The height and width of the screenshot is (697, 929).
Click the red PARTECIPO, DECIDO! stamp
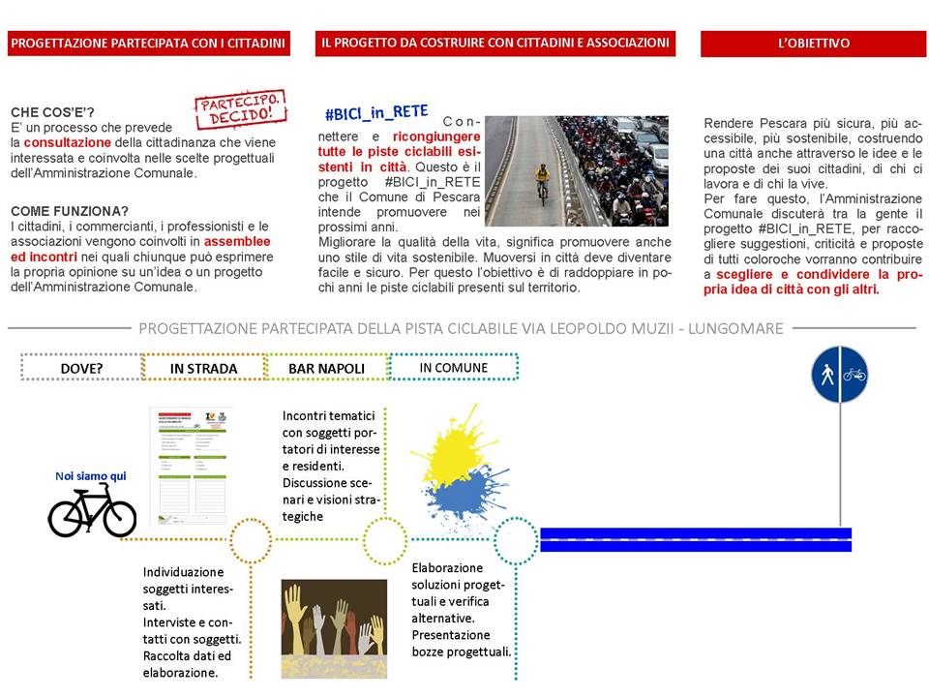click(242, 111)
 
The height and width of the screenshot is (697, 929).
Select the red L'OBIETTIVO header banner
click(813, 44)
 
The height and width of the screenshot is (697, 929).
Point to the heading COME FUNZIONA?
click(69, 211)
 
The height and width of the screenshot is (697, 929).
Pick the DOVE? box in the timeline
click(81, 367)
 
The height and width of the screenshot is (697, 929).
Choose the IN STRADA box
click(204, 367)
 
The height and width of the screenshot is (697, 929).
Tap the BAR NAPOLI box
click(326, 367)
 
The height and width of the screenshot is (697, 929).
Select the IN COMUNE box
click(453, 367)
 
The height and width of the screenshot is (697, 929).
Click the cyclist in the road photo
click(542, 182)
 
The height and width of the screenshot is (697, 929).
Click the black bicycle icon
click(92, 509)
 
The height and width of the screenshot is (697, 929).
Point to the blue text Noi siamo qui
click(91, 475)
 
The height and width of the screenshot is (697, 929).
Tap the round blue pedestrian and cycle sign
click(839, 375)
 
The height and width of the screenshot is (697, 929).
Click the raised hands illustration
click(334, 628)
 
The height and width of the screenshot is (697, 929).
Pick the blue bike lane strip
click(695, 539)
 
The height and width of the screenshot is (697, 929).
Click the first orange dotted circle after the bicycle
click(252, 540)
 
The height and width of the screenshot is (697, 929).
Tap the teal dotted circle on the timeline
click(516, 540)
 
